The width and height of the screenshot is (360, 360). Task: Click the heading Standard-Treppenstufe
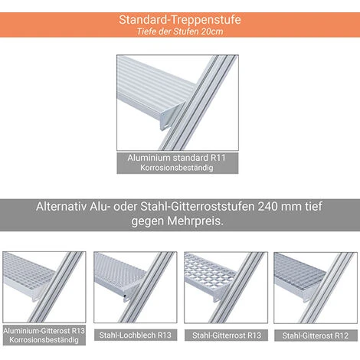tap(180, 20)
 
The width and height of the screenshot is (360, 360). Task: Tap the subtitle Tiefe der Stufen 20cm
tap(180, 31)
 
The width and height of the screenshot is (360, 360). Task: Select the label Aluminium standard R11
tap(177, 158)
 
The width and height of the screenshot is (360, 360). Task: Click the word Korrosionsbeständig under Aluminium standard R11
tap(177, 168)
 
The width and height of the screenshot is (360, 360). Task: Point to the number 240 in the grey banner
tap(267, 206)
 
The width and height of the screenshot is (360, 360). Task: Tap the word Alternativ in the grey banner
tap(61, 206)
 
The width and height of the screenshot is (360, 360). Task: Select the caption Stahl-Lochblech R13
tap(136, 335)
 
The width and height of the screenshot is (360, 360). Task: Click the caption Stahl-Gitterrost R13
tap(227, 335)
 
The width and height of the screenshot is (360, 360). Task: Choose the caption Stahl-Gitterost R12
tap(316, 335)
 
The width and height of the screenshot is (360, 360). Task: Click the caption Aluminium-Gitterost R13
tap(44, 331)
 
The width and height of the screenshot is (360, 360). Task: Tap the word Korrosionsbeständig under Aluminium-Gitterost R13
tap(44, 340)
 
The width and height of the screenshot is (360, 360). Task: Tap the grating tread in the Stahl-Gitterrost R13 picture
tap(208, 269)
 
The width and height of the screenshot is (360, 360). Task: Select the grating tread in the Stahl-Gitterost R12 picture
tap(299, 270)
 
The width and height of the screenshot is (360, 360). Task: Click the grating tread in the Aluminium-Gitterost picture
tap(28, 270)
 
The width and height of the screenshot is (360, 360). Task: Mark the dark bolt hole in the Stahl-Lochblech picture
tap(125, 296)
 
